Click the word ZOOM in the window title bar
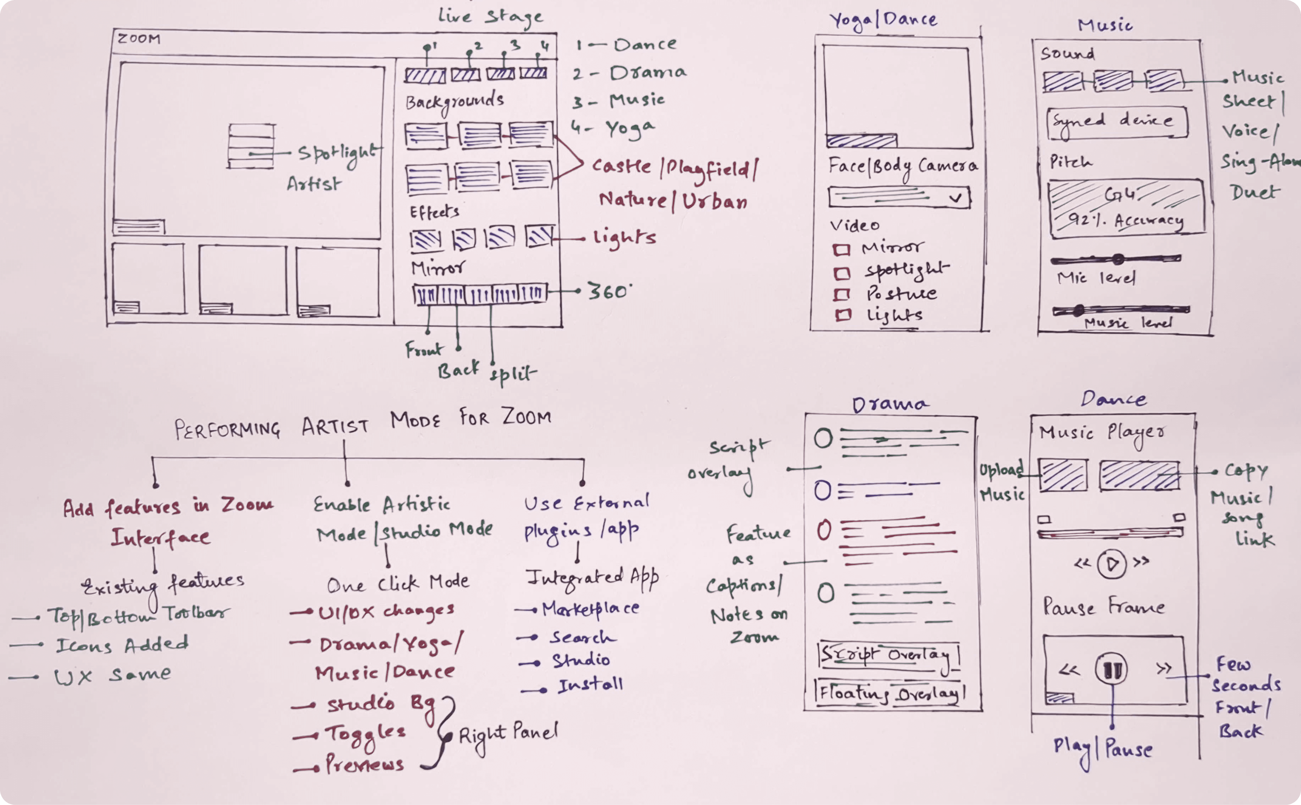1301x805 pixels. [138, 39]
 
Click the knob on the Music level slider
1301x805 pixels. [1078, 310]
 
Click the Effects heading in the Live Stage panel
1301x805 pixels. [434, 212]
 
